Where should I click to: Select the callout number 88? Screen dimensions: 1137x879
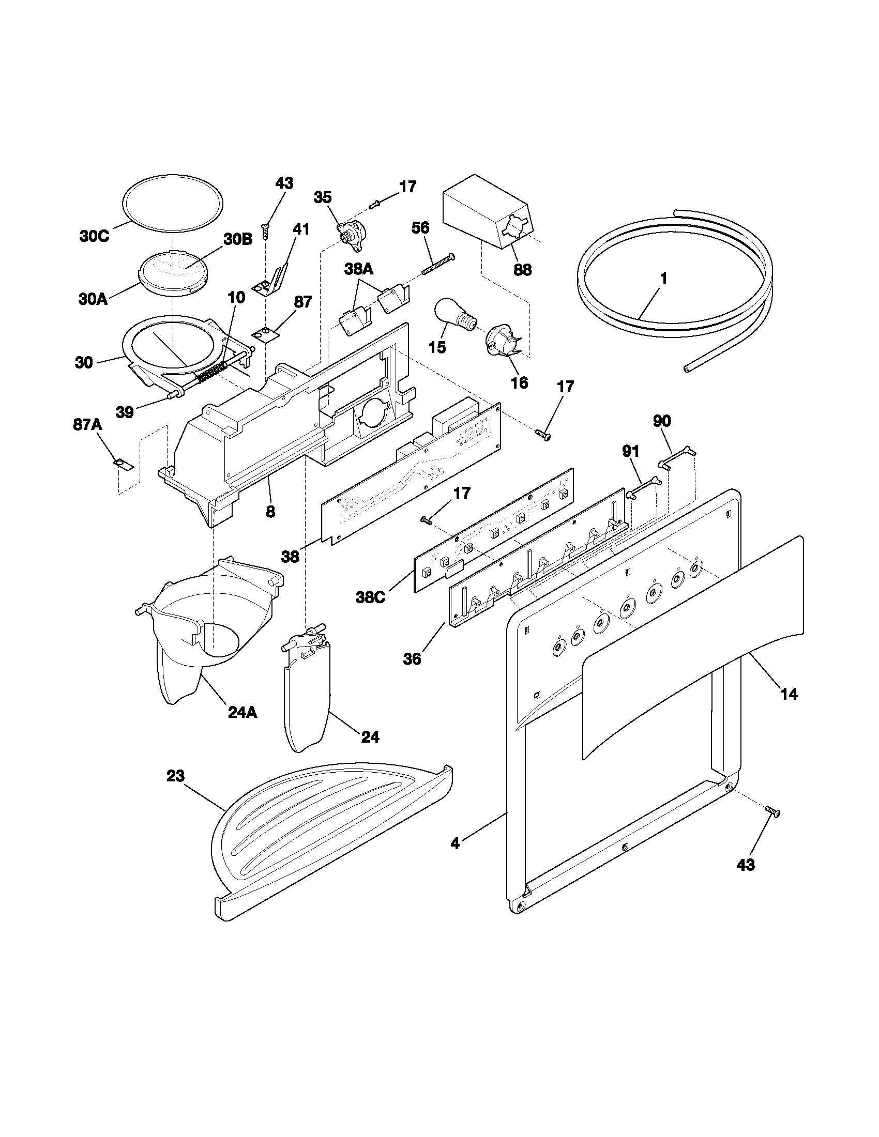click(522, 270)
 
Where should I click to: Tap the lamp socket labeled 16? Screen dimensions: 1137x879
click(501, 344)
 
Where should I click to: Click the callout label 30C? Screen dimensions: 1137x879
click(94, 236)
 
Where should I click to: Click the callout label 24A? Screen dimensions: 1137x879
click(243, 712)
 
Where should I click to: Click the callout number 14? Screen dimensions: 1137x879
click(789, 694)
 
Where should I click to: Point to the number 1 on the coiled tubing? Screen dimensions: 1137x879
click(663, 279)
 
